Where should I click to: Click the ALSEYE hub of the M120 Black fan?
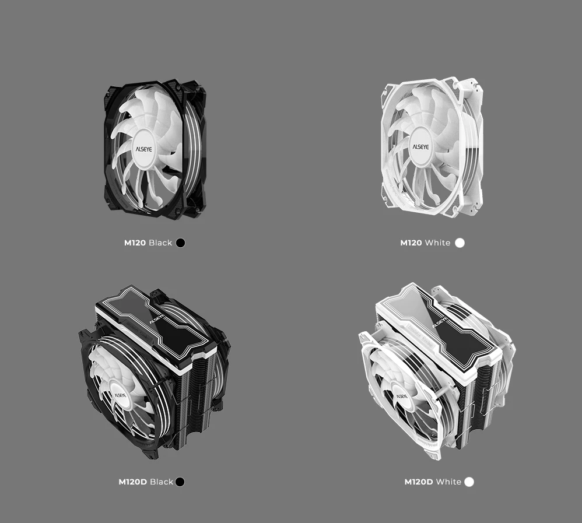[143, 149]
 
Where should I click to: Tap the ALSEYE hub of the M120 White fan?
[420, 146]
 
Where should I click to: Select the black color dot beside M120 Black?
[180, 243]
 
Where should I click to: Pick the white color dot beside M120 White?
[460, 243]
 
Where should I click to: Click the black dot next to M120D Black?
[180, 482]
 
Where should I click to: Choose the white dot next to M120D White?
[469, 482]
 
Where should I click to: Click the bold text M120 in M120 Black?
[135, 243]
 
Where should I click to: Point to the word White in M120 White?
[437, 243]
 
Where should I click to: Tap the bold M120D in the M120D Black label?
[132, 482]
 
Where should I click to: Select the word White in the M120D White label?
[449, 482]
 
